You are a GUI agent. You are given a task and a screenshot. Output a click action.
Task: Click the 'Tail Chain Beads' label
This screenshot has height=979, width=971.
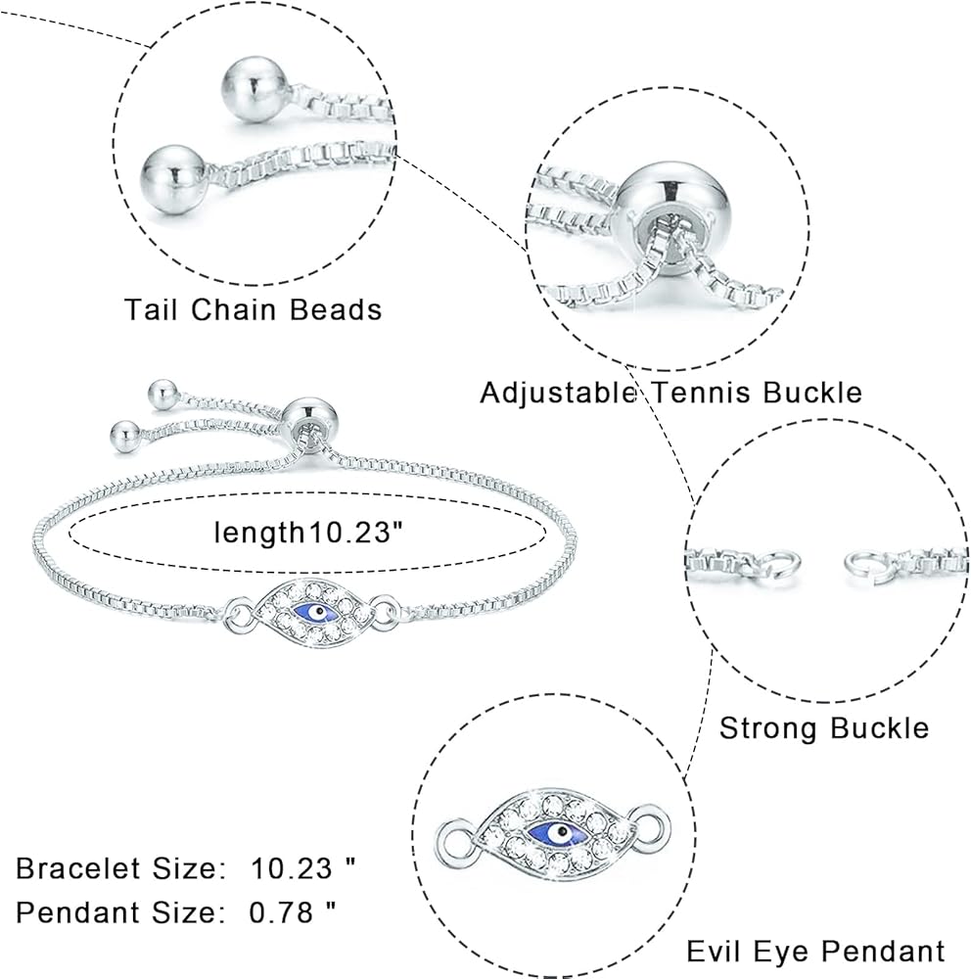[253, 309]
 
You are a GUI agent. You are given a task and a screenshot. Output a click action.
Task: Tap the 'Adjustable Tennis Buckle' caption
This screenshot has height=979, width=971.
[670, 393]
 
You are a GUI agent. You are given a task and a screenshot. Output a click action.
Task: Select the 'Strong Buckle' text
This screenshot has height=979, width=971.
[823, 728]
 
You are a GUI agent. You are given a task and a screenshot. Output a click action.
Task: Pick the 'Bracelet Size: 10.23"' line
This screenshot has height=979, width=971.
[186, 867]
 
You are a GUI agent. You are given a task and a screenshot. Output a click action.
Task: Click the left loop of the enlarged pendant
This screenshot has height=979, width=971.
[452, 837]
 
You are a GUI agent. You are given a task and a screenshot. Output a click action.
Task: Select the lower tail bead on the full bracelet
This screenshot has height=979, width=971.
[124, 433]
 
